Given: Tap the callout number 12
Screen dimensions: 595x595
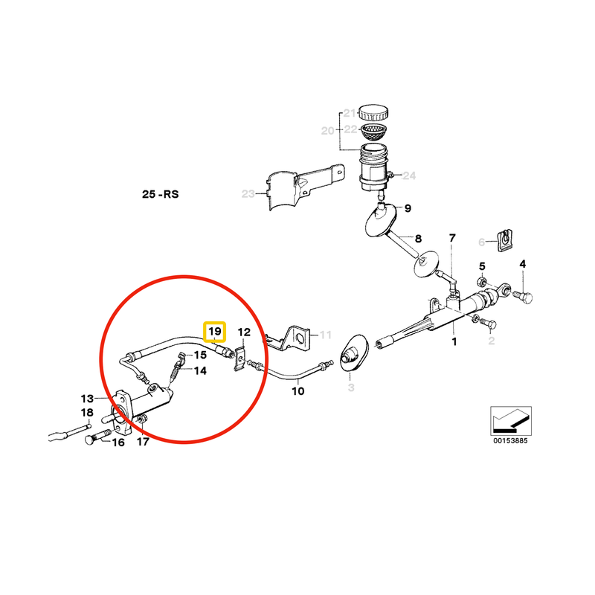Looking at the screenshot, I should [x=244, y=332].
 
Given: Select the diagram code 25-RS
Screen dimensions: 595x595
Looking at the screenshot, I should [x=161, y=195].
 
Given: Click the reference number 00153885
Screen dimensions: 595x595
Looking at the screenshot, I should [x=509, y=440].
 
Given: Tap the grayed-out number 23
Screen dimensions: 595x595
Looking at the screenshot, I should [x=248, y=194].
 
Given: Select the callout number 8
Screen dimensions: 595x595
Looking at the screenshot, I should [x=418, y=239].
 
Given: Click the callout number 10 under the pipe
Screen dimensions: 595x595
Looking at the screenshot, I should [x=297, y=390].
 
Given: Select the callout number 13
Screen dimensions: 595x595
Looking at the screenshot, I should [x=88, y=398].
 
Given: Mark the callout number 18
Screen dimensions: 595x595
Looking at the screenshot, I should [x=87, y=413].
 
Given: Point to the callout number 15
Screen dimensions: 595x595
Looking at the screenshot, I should [x=200, y=355].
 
